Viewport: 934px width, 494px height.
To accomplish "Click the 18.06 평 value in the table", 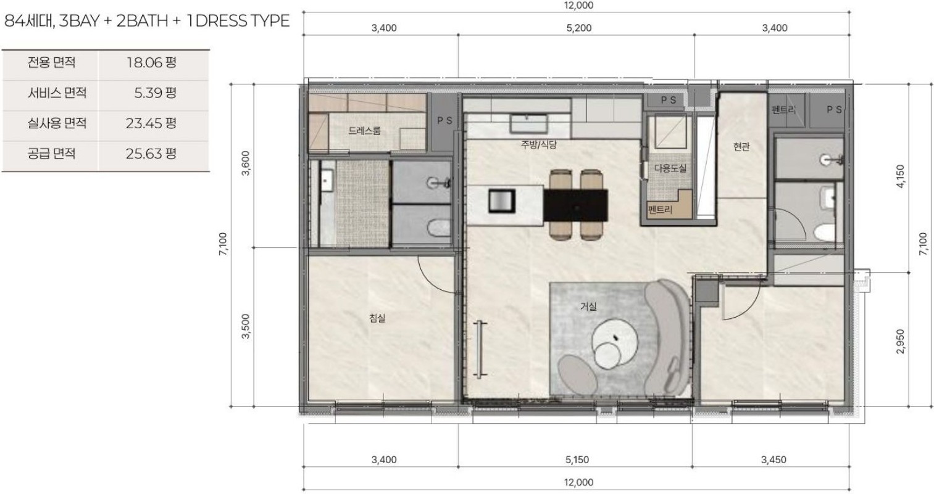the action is pyautogui.click(x=151, y=62).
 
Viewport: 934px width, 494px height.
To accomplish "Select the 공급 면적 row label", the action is pyautogui.click(x=52, y=154).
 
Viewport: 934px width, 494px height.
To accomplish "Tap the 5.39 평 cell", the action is pyautogui.click(x=155, y=93).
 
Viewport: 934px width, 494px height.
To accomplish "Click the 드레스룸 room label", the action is pyautogui.click(x=364, y=131).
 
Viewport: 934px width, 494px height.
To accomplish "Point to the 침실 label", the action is pyautogui.click(x=377, y=318).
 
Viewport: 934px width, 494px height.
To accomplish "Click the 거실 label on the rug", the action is pyautogui.click(x=588, y=307).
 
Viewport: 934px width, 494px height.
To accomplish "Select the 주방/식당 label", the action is pyautogui.click(x=539, y=144).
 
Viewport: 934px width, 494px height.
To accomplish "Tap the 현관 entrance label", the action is pyautogui.click(x=741, y=146).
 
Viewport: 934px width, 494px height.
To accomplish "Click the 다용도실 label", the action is pyautogui.click(x=670, y=168).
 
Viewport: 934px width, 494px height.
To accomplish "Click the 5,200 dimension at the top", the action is pyautogui.click(x=579, y=28).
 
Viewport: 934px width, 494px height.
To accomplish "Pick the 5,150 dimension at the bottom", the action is pyautogui.click(x=577, y=460).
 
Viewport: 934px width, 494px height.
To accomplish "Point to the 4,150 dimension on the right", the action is pyautogui.click(x=901, y=176).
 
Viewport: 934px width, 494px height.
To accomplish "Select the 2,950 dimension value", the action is pyautogui.click(x=901, y=342).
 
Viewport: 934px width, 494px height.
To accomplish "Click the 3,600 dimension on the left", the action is pyautogui.click(x=246, y=163).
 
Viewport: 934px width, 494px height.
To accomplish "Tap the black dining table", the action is pyautogui.click(x=575, y=205).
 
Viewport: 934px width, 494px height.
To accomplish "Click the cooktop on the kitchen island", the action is pyautogui.click(x=502, y=201).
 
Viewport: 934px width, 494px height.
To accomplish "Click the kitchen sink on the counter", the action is pyautogui.click(x=529, y=124).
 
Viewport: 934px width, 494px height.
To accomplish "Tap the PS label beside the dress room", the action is pyautogui.click(x=444, y=121).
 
